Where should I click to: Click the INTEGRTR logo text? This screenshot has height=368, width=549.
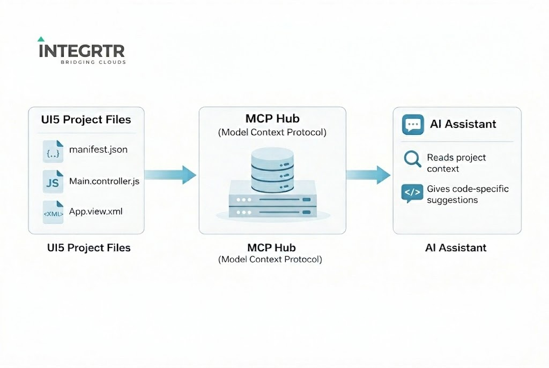click(81, 51)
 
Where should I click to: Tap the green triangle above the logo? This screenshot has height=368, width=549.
click(41, 39)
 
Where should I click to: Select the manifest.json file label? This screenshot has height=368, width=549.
click(98, 149)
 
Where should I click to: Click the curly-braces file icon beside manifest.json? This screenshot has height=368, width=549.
click(53, 152)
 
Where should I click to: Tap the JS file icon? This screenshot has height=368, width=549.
click(53, 182)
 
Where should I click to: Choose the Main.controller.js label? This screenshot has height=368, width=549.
click(104, 181)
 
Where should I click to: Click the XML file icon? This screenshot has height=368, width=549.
click(53, 212)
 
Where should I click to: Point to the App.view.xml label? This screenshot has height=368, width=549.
click(95, 212)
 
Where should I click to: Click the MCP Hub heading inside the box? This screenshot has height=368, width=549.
click(272, 118)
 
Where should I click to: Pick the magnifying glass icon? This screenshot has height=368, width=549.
click(412, 159)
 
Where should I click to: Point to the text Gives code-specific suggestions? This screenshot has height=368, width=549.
click(467, 194)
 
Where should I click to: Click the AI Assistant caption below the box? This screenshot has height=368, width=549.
click(456, 247)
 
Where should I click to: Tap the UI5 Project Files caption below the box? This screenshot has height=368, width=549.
click(86, 247)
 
